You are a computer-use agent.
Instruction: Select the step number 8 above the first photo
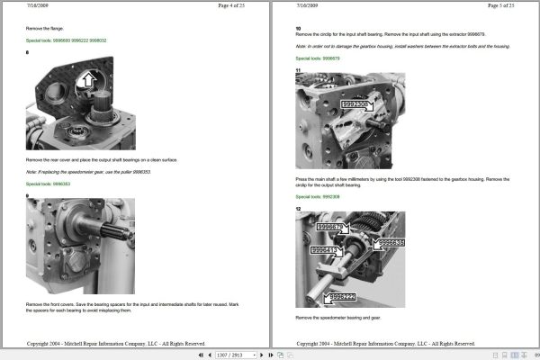pyautogui.click(x=28, y=53)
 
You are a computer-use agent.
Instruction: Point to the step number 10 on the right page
pyautogui.click(x=298, y=29)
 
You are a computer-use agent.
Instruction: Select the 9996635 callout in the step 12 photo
pyautogui.click(x=390, y=243)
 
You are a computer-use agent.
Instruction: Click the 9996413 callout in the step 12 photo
pyautogui.click(x=326, y=250)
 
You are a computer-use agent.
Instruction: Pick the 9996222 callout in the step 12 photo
pyautogui.click(x=343, y=296)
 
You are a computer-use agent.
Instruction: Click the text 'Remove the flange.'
pyautogui.click(x=44, y=29)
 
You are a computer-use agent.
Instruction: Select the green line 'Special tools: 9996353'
pyautogui.click(x=49, y=184)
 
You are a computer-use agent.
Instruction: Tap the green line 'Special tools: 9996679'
pyautogui.click(x=318, y=58)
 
